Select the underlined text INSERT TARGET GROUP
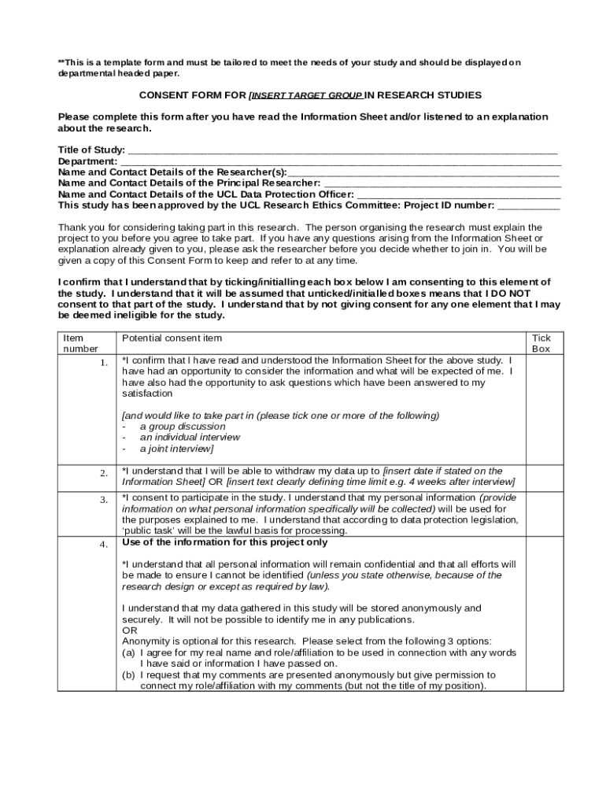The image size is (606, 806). (x=305, y=95)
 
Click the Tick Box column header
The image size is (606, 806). (x=541, y=343)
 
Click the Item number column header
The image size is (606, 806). (x=80, y=343)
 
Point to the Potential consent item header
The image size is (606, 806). (x=172, y=338)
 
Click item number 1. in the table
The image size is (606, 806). (x=103, y=363)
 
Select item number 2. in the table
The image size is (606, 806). (x=103, y=472)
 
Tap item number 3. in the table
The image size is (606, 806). (x=103, y=500)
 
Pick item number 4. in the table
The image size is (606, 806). (x=103, y=545)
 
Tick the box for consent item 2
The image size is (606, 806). (x=541, y=477)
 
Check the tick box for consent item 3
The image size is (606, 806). (x=541, y=514)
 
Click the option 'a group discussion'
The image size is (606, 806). (x=171, y=427)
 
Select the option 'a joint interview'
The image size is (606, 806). (x=176, y=449)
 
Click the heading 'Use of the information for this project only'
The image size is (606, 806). (x=225, y=542)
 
